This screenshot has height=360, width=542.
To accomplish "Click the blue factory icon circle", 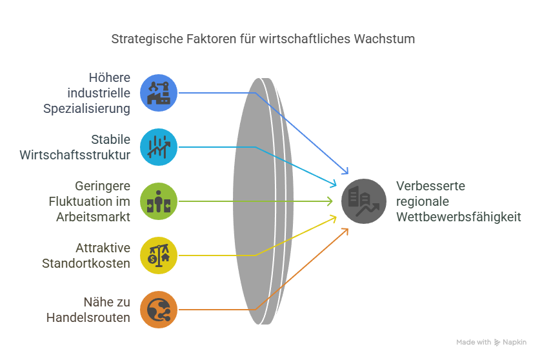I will pos(159,93).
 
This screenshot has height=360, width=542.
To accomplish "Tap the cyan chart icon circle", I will pos(159,147).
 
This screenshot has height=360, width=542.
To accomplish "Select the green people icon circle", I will pos(159,201).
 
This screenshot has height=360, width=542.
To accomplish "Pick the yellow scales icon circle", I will pos(159,255).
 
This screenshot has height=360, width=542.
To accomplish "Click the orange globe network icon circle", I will pos(159,310).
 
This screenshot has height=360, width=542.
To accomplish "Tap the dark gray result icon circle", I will pos(364,201).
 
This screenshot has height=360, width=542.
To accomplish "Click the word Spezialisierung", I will pos(87,108).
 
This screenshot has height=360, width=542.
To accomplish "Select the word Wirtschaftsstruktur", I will pos(75,155).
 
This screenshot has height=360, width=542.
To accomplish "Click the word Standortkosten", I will pos(86,263).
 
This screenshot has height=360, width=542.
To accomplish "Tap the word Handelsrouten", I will pos(88,317).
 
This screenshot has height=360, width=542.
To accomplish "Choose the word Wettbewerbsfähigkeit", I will pos(459,217).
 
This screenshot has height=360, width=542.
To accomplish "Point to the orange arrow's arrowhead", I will pos(346,230).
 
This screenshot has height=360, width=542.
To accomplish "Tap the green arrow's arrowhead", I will pos(330,201).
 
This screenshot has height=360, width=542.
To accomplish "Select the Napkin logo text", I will pos(515,342).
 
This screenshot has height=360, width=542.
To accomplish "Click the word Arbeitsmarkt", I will pos(94,217).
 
